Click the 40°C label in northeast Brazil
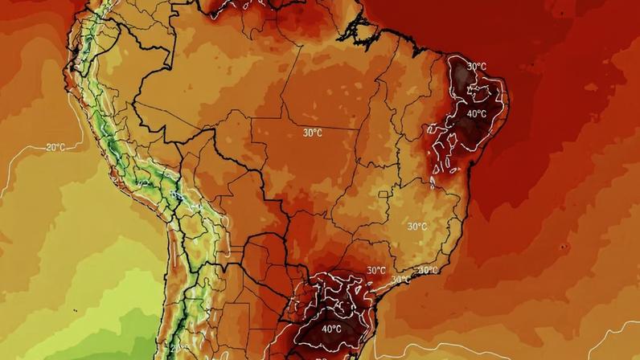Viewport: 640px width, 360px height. coord(477,114)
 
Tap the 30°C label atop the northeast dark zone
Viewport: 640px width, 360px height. coord(476,66)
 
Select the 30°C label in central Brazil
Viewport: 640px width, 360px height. coord(313,132)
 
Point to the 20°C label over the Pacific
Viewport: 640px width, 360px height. coord(55,147)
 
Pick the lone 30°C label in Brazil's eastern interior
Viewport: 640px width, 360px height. coord(416,227)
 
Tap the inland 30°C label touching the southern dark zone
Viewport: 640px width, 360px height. coord(376,271)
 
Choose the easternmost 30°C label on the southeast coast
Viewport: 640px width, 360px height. coord(428,271)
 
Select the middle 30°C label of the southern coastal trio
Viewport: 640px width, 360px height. coord(400,279)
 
